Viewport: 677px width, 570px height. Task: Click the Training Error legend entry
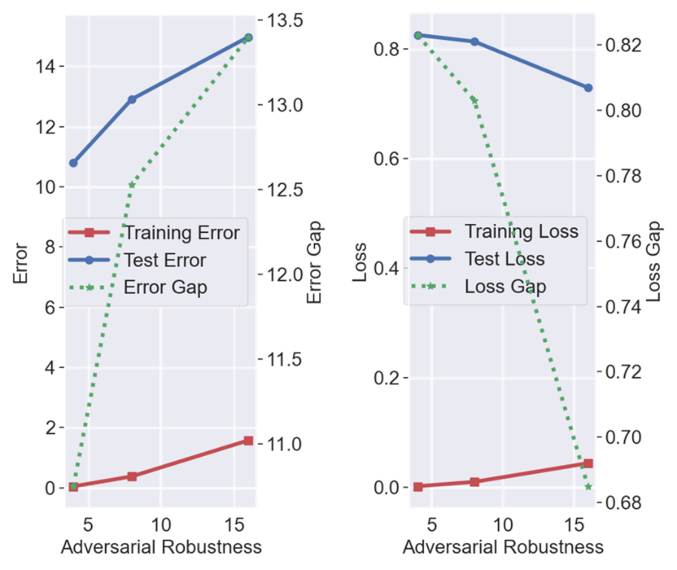[182, 232]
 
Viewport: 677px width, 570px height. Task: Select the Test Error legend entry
[165, 260]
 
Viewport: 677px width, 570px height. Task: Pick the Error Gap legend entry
[165, 287]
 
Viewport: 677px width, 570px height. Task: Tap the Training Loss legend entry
[521, 231]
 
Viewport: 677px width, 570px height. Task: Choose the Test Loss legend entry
[504, 259]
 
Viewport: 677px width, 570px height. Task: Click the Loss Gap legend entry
[505, 287]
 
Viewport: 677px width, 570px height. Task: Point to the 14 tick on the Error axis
[47, 67]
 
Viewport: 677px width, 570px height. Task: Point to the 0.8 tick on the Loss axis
[387, 49]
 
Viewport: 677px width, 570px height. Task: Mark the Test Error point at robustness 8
[132, 99]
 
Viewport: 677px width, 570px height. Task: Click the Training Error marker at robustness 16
[248, 440]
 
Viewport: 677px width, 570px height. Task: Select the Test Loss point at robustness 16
[588, 87]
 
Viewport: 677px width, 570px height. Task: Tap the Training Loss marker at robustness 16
[588, 464]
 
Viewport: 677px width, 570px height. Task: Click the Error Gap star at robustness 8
[132, 185]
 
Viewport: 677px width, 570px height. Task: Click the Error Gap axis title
[315, 262]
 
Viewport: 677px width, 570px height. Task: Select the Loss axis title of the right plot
[360, 262]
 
